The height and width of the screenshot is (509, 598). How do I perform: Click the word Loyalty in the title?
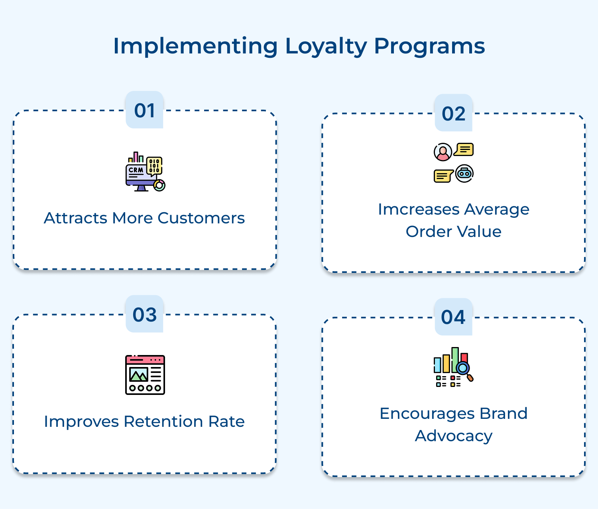(326, 46)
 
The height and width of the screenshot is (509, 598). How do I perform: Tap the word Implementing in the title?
(195, 46)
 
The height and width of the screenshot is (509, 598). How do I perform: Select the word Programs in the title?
(429, 46)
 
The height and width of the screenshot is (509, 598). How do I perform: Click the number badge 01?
(144, 110)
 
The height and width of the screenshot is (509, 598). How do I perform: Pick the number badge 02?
(453, 114)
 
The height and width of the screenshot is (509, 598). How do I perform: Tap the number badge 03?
(144, 315)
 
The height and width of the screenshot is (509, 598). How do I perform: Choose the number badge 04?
(453, 318)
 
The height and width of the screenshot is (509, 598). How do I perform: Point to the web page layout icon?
(145, 375)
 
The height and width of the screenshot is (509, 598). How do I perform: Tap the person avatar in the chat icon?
(443, 152)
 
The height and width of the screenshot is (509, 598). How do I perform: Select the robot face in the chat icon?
(464, 174)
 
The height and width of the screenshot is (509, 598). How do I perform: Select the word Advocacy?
(453, 436)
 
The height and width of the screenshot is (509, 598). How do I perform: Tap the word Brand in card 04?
(504, 414)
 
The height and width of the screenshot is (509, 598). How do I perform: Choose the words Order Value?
(453, 232)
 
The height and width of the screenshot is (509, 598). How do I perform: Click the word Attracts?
(75, 218)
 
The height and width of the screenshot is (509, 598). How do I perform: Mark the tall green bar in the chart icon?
(455, 359)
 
